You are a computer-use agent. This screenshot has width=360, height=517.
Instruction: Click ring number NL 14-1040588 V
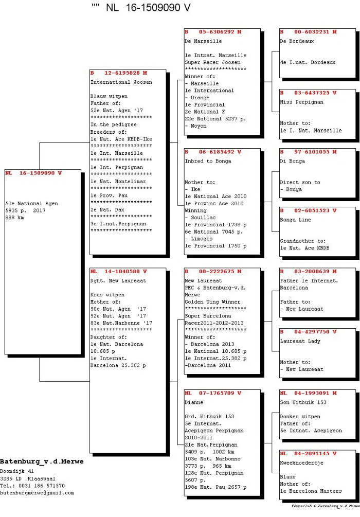119,271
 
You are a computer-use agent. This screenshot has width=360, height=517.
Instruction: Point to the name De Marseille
203,41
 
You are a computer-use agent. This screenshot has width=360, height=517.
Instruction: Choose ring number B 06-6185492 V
213,152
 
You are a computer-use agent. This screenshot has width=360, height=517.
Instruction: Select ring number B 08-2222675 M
213,271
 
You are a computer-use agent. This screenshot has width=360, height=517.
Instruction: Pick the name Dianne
194,402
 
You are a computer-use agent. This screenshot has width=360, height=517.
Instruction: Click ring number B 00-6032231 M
309,32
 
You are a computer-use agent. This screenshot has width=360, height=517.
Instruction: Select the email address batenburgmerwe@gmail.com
37,493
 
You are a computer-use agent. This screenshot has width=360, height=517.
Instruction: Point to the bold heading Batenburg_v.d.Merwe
42,461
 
